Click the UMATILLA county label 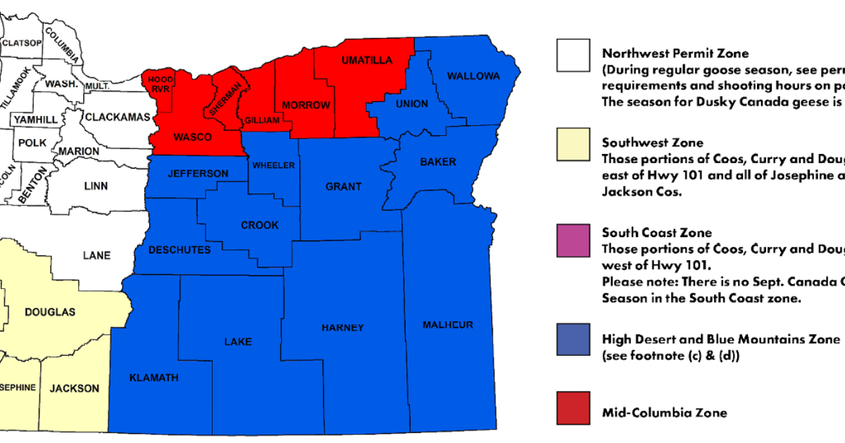click(x=367, y=60)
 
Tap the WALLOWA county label click(x=473, y=75)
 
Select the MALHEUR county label click(x=448, y=324)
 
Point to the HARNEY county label click(x=342, y=328)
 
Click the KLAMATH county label click(x=154, y=378)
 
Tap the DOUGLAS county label click(x=50, y=312)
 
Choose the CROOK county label click(x=260, y=225)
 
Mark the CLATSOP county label click(x=22, y=43)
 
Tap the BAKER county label click(x=438, y=162)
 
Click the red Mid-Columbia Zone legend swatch click(x=579, y=409)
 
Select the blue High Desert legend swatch click(x=579, y=340)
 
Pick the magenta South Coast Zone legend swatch click(x=579, y=240)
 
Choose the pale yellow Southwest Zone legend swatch click(x=579, y=143)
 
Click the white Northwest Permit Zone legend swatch click(x=579, y=55)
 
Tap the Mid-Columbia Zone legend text click(x=664, y=412)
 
